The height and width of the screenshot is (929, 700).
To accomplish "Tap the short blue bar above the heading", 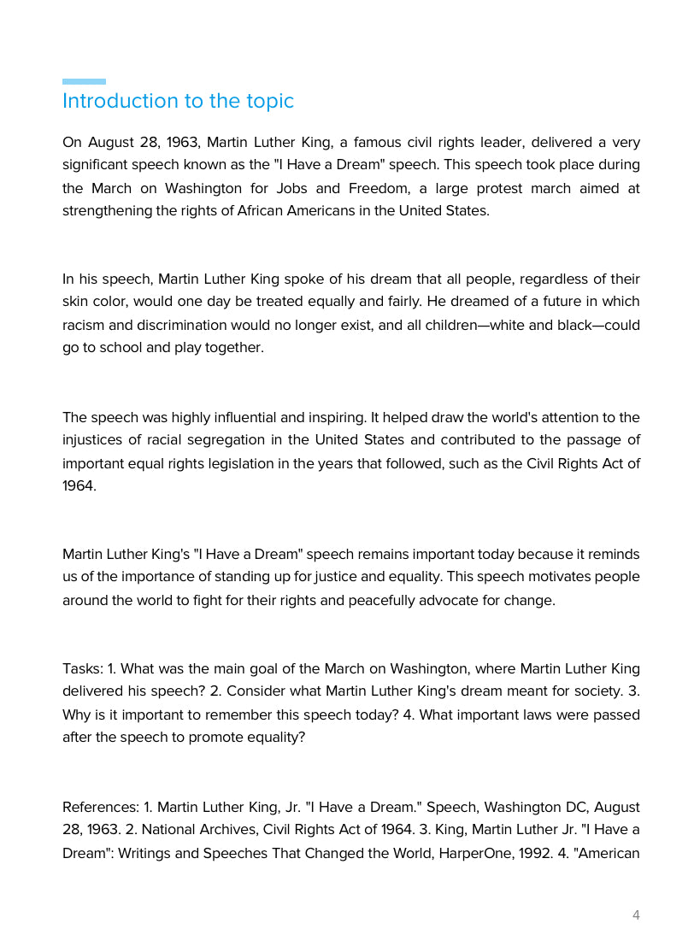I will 84,82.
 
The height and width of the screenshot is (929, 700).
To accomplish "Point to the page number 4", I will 636,915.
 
